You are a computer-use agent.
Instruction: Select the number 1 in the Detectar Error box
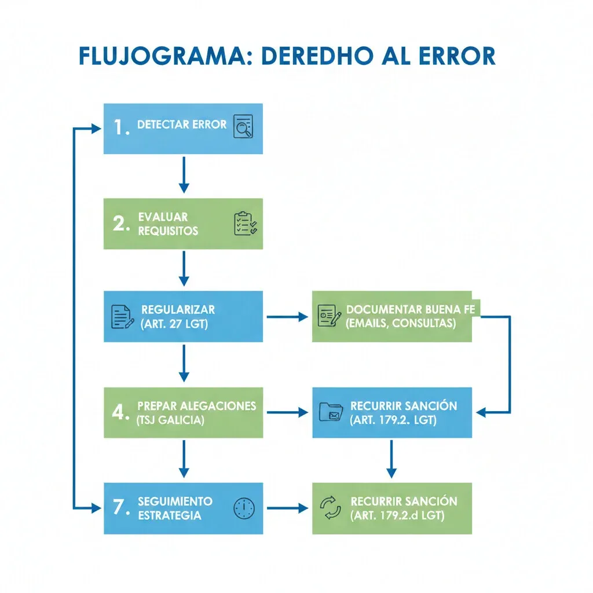point(120,128)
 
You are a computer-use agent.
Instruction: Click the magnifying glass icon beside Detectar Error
point(243,126)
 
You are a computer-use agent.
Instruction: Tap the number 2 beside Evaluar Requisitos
point(120,224)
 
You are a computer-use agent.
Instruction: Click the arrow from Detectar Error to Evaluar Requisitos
point(184,174)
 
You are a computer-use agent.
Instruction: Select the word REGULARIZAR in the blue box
point(178,310)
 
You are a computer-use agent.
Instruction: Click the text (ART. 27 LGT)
point(174,324)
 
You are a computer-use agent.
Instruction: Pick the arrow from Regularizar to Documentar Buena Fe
point(287,317)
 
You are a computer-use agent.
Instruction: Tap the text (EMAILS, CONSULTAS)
point(400,324)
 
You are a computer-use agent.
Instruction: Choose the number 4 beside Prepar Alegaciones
point(120,412)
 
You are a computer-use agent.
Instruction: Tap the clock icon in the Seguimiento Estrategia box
point(244,508)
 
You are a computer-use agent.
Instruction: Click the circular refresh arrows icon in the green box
point(331,508)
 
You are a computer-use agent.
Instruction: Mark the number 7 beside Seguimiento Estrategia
point(120,508)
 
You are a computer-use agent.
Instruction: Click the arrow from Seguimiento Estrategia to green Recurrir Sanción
point(287,508)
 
